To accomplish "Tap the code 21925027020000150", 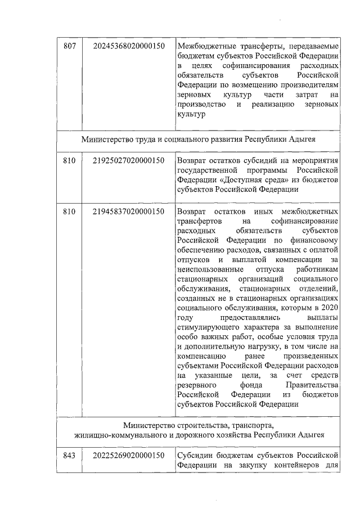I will [129, 161].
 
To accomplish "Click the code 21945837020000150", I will [129, 211].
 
